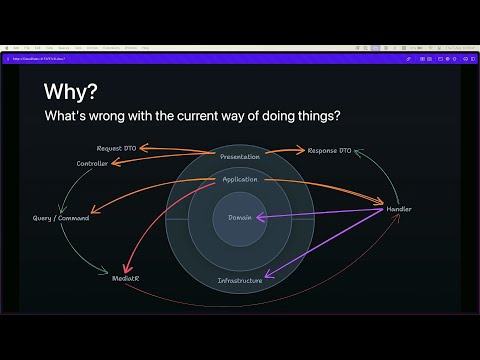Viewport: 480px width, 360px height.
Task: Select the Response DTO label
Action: pyautogui.click(x=329, y=150)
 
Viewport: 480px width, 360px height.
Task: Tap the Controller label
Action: pyautogui.click(x=92, y=162)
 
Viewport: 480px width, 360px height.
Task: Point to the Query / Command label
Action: pyautogui.click(x=61, y=218)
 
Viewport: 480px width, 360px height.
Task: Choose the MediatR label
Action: pyautogui.click(x=126, y=277)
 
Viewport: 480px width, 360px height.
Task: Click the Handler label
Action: pyautogui.click(x=398, y=209)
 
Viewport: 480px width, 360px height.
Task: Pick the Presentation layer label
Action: pyautogui.click(x=239, y=157)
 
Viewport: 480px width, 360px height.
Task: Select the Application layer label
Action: pyautogui.click(x=239, y=180)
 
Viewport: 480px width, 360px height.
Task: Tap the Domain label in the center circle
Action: pyautogui.click(x=240, y=217)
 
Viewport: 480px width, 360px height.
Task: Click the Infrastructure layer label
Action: pyautogui.click(x=240, y=280)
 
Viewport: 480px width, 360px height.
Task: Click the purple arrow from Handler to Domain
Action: pyautogui.click(x=320, y=214)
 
